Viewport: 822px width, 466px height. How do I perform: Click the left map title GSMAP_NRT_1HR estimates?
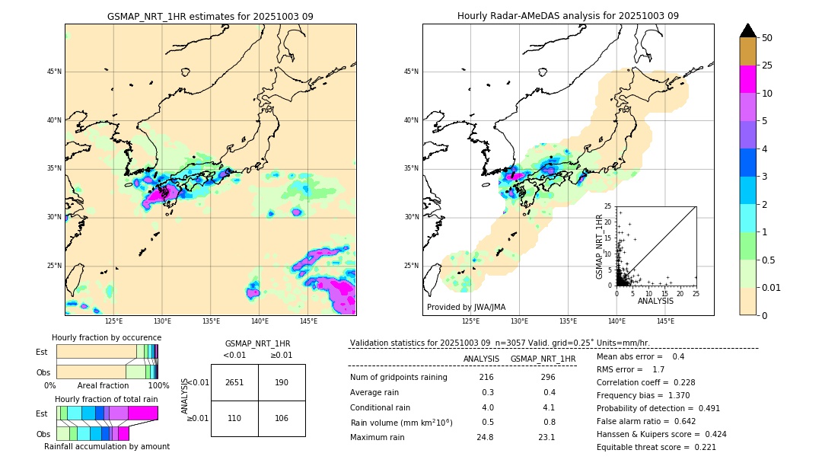click(210, 16)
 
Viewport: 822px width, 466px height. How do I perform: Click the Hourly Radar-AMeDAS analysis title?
click(568, 16)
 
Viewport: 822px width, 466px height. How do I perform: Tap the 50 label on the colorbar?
click(767, 37)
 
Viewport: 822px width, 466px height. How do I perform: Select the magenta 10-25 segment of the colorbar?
click(748, 79)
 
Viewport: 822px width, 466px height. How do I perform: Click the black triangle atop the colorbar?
click(748, 30)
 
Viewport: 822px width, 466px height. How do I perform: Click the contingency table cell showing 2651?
click(234, 382)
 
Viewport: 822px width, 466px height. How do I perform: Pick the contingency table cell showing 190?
click(282, 382)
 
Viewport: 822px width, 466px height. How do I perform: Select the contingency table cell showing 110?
click(234, 418)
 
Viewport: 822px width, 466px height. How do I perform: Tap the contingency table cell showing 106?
click(282, 418)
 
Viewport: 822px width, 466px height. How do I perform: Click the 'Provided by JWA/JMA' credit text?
click(466, 307)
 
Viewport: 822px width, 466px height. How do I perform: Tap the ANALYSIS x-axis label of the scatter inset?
click(655, 301)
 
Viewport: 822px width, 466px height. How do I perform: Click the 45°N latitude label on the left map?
click(54, 72)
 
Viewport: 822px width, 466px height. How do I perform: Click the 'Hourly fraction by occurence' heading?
click(107, 337)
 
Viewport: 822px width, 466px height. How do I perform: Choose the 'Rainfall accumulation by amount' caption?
click(107, 446)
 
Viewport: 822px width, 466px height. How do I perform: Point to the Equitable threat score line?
click(656, 447)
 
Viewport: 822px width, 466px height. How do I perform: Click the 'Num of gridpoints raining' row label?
click(398, 378)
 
